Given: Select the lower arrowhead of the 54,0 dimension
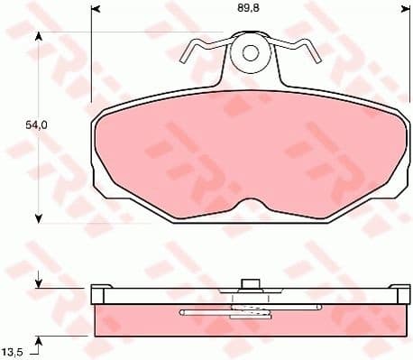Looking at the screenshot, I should (38, 217).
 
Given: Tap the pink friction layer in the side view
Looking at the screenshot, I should (144, 320).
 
